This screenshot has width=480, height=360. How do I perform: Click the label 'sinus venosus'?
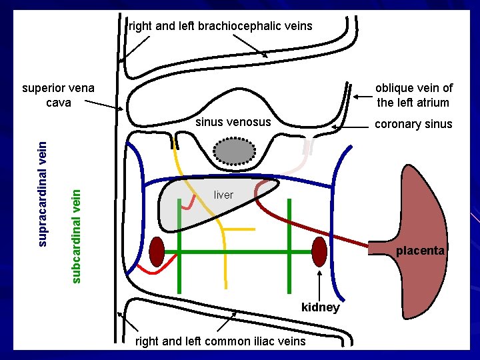(233, 122)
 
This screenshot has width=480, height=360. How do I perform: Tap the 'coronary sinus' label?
(413, 124)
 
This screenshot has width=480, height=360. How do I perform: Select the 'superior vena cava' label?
(58, 95)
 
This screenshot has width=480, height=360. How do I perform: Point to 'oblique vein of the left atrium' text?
(413, 95)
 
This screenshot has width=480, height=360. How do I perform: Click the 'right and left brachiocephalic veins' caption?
(220, 26)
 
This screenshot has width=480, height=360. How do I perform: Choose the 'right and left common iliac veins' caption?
(220, 341)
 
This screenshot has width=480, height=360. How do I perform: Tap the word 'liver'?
(223, 195)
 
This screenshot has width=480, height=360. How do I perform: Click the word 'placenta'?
(420, 251)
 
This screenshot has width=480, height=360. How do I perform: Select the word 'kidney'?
(320, 307)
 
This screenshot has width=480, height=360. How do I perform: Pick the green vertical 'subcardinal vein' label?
(76, 235)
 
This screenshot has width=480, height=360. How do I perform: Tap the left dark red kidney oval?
(157, 251)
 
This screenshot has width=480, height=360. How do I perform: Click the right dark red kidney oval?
(319, 251)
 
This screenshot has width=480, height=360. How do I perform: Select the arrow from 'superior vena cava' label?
(103, 105)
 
